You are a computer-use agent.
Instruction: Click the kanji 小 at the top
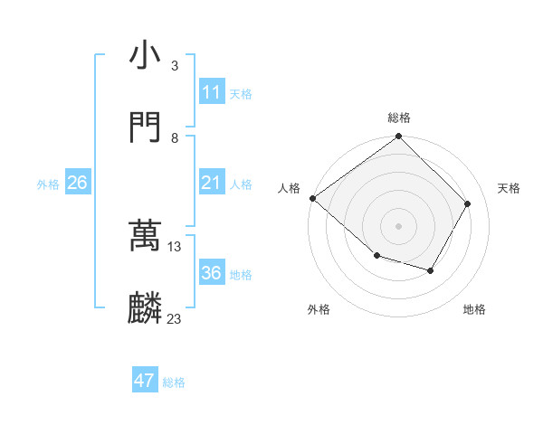145,57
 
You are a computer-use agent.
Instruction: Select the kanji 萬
145,237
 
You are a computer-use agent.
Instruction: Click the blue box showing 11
211,92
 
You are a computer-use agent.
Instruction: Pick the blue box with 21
211,184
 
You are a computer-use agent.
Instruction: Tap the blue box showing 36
211,273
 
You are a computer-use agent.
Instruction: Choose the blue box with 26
77,184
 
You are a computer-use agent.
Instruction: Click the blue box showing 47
145,381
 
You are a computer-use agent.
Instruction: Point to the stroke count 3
175,66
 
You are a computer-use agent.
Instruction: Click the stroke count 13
175,246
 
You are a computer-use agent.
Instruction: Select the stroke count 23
175,318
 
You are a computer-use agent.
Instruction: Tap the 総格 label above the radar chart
399,118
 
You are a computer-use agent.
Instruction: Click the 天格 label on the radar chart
509,188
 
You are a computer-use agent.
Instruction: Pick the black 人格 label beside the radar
289,188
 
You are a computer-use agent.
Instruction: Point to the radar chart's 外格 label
319,310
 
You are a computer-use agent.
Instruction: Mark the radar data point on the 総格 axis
399,137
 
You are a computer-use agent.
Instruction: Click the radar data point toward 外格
376,256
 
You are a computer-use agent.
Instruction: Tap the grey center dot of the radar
399,225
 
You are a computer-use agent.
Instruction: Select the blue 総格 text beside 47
174,382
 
